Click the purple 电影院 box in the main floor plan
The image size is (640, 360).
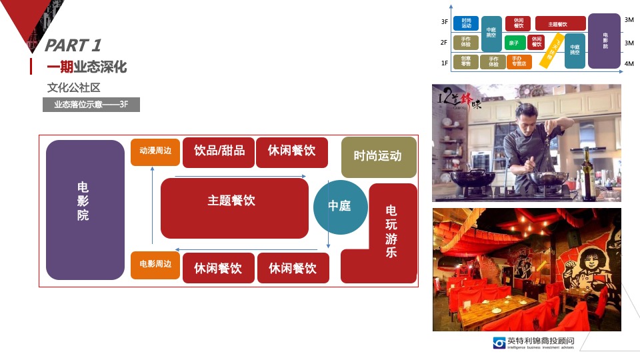point(85,209)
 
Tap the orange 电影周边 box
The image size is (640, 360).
point(155,265)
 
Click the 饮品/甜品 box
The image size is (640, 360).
point(219,152)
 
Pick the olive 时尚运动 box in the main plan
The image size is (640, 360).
point(378,157)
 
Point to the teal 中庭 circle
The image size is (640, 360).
point(340,207)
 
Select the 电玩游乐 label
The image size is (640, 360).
point(391,232)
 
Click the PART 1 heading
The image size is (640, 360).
point(73,45)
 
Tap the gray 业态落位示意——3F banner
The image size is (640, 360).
point(91,105)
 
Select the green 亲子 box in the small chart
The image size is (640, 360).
point(513,43)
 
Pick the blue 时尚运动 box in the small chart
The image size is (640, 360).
point(466,23)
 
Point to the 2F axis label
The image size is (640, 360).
point(444,43)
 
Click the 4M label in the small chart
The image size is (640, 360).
point(629,63)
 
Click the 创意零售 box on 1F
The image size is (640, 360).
point(466,62)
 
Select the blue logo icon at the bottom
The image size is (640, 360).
point(499,343)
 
